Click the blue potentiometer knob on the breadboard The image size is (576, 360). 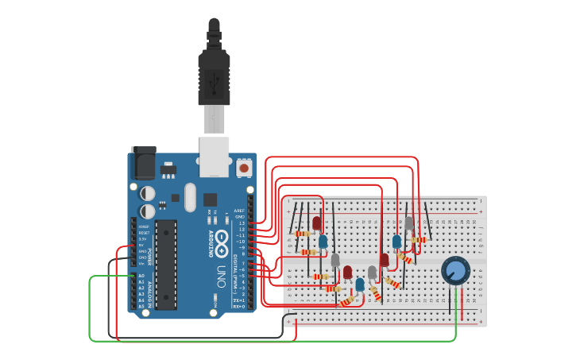456,271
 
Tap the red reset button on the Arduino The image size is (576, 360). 244,168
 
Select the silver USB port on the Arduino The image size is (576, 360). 214,157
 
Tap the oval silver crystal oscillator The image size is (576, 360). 189,197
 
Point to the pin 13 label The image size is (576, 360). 241,223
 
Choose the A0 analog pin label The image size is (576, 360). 142,276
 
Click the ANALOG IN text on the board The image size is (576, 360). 150,291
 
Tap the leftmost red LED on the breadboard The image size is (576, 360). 316,223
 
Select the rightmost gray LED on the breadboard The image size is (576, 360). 409,223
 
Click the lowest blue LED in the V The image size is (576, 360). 360,284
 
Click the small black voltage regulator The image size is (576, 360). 168,170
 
